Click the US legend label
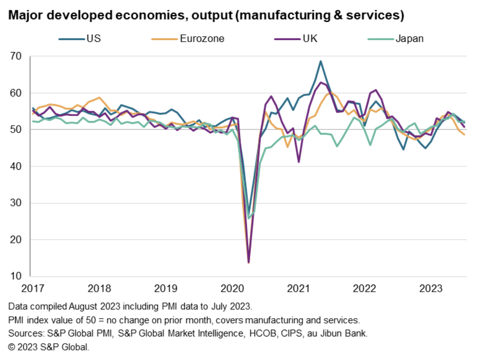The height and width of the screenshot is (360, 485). (x=94, y=39)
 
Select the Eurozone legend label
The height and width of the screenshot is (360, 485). (x=202, y=39)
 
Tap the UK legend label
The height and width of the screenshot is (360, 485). (x=310, y=39)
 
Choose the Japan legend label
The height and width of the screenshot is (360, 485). (x=409, y=39)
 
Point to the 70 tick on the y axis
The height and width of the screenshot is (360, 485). (x=16, y=56)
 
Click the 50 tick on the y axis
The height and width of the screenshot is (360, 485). (x=16, y=129)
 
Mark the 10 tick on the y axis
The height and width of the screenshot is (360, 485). (x=16, y=276)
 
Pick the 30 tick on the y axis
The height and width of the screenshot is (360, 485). (x=16, y=203)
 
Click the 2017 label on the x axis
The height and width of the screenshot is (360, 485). (x=33, y=289)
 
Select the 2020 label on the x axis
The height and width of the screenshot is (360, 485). (x=232, y=289)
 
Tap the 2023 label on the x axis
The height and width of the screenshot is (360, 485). (x=431, y=289)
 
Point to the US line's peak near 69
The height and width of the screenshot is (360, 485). (x=320, y=61)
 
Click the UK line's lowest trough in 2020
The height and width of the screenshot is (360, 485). (x=248, y=262)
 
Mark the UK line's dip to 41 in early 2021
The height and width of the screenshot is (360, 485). (x=299, y=162)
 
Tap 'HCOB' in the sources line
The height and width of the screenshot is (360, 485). (x=262, y=333)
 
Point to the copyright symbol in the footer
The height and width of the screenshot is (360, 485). (x=12, y=347)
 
